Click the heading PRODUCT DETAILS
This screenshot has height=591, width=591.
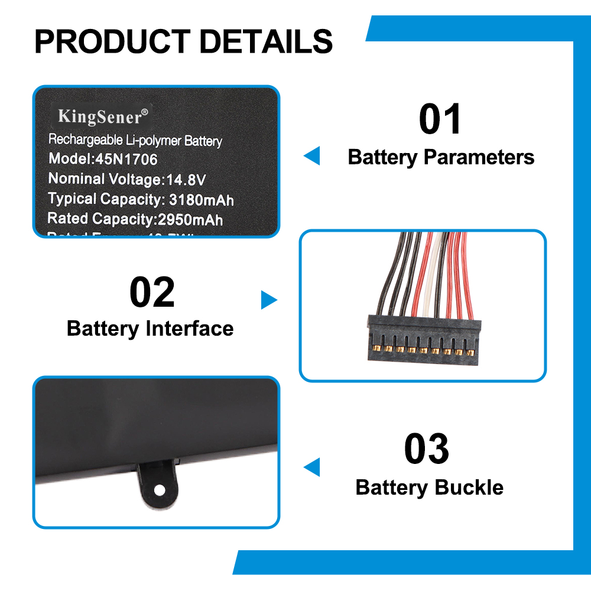tap(183, 41)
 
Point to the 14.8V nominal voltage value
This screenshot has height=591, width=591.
tap(185, 179)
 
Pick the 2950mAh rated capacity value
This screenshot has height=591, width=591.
tap(190, 219)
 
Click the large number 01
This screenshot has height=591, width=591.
tap(440, 120)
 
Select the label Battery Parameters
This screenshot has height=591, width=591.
tap(441, 157)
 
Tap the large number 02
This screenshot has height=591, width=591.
tap(152, 293)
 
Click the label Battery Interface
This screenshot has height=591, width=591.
tap(150, 329)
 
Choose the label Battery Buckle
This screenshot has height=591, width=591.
tap(430, 488)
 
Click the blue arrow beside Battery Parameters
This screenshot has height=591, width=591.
tap(312, 156)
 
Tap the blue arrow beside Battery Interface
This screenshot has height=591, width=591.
tap(268, 300)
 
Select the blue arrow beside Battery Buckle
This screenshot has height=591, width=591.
tap(312, 467)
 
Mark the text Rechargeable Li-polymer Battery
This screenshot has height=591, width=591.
tap(135, 140)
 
